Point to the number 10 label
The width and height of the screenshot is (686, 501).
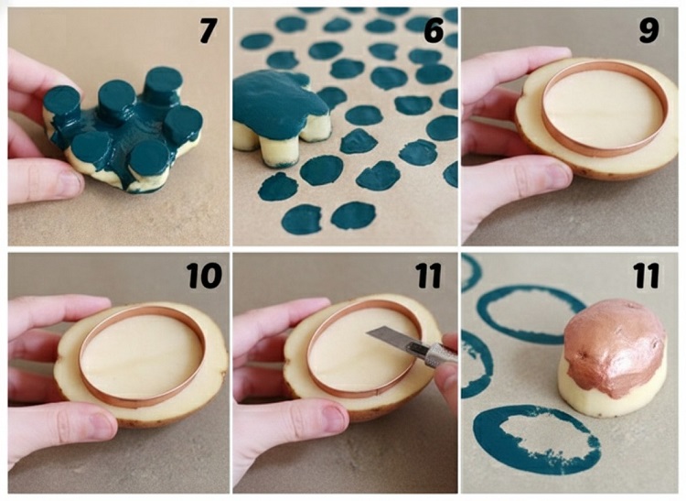click(204, 276)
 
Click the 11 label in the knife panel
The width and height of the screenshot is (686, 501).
click(429, 276)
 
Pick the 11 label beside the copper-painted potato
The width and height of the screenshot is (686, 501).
click(646, 276)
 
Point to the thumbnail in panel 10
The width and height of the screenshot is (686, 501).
click(102, 424)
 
